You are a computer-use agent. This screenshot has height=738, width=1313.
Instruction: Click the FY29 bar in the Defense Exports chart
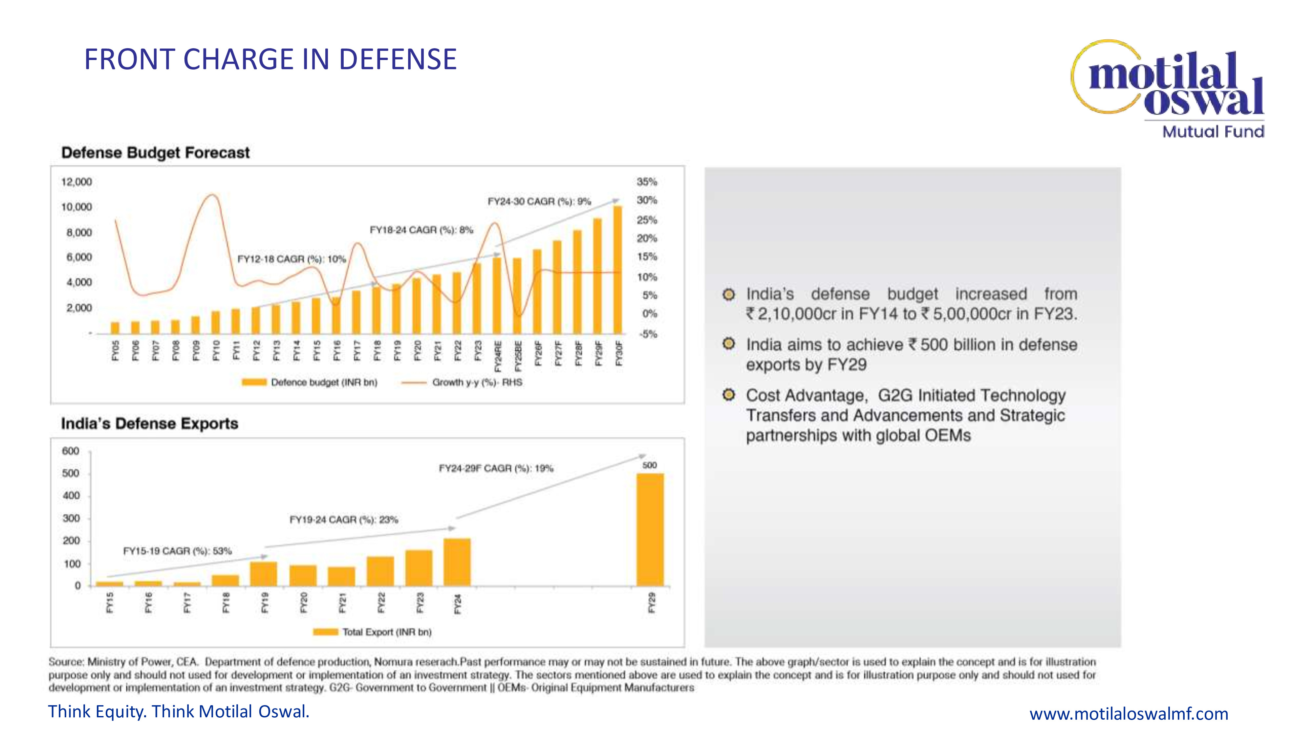click(x=650, y=530)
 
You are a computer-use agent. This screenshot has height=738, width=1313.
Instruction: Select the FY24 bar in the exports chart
click(x=457, y=562)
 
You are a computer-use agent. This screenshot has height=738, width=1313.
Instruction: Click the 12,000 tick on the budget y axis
click(x=76, y=182)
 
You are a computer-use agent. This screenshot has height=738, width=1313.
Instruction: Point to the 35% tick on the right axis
click(x=647, y=182)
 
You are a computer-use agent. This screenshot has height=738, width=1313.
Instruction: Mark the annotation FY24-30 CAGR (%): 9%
click(x=539, y=202)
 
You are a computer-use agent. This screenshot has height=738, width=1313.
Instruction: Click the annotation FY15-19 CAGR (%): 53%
click(x=177, y=551)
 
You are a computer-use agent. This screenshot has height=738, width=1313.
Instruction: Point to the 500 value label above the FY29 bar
click(x=649, y=465)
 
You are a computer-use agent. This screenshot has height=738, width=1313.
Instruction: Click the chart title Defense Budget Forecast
click(x=156, y=153)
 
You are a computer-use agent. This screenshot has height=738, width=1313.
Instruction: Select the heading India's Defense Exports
click(x=149, y=424)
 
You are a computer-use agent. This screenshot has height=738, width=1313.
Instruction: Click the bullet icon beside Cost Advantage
click(x=729, y=395)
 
